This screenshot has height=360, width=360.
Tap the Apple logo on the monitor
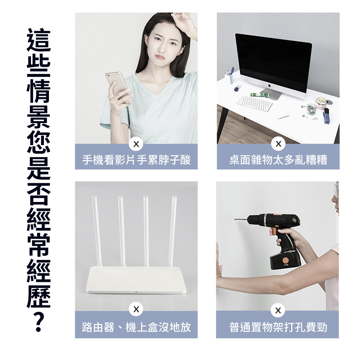[270, 86]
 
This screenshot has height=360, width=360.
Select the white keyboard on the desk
[255, 104]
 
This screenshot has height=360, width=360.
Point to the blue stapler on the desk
[327, 116]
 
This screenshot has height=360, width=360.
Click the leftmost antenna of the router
[97, 231]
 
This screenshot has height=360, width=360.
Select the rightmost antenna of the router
[172, 231]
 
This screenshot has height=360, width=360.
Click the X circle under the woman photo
[136, 144]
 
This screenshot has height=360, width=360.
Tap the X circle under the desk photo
[278, 144]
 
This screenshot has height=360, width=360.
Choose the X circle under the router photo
[136, 309]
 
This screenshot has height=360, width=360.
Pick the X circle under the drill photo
[278, 310]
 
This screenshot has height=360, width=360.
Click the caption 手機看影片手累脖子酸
[136, 160]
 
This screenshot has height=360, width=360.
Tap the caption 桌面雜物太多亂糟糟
[278, 160]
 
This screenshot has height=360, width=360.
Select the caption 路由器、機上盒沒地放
[136, 327]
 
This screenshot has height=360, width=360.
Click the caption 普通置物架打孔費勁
[278, 327]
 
